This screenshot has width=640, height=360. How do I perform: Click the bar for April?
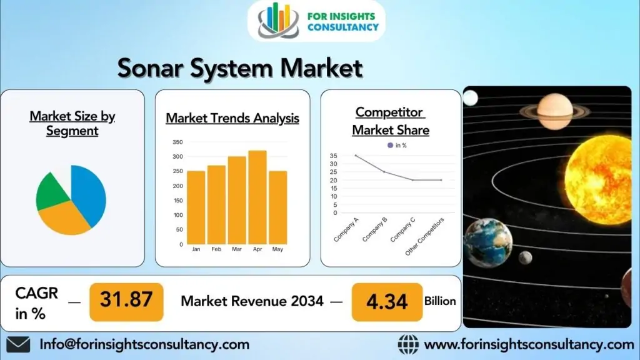257,197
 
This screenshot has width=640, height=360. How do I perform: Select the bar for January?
196,207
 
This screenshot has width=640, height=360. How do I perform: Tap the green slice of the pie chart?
51,192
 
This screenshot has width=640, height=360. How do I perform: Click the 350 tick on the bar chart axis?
177,142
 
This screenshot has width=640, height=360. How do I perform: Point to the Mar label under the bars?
237,249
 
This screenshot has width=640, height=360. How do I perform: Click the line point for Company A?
356,156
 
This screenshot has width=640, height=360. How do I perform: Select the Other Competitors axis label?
424,237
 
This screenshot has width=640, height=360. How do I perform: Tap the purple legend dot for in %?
390,145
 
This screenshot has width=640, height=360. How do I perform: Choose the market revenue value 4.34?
387,302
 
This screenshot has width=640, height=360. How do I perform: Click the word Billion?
440,301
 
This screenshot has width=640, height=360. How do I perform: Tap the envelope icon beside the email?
18,344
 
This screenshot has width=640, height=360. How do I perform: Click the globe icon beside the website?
408,344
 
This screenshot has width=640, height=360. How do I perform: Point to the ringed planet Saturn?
555,111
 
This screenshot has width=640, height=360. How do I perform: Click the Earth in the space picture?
487,243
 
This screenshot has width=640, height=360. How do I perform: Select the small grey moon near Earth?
525,257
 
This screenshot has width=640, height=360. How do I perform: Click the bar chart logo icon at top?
278,21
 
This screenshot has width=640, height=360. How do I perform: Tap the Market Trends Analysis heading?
232,118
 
